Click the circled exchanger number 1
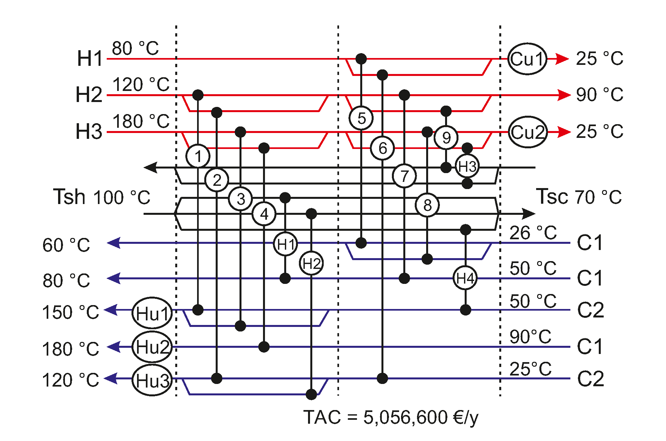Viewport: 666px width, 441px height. [x=198, y=156]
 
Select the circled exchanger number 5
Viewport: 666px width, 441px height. [x=361, y=118]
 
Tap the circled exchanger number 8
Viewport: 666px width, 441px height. [x=427, y=205]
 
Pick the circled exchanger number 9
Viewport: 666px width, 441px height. [x=446, y=137]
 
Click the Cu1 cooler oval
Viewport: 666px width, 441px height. [x=527, y=59]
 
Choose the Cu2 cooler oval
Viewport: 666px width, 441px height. [x=528, y=132]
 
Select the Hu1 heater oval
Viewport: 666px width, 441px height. [x=152, y=313]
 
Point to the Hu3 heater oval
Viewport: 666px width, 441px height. [x=152, y=380]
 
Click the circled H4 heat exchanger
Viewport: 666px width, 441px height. [x=465, y=278]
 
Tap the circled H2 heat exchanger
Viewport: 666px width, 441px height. [x=311, y=263]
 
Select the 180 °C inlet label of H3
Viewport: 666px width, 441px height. [x=141, y=121]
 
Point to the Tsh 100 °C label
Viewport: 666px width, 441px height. [x=102, y=197]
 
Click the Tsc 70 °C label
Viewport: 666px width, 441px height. [x=579, y=197]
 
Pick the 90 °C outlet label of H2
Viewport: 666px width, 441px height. [x=599, y=95]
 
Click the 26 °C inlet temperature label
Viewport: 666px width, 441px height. [x=533, y=233]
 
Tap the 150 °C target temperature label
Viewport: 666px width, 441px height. [x=70, y=312]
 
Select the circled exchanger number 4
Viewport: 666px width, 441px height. [x=264, y=214]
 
